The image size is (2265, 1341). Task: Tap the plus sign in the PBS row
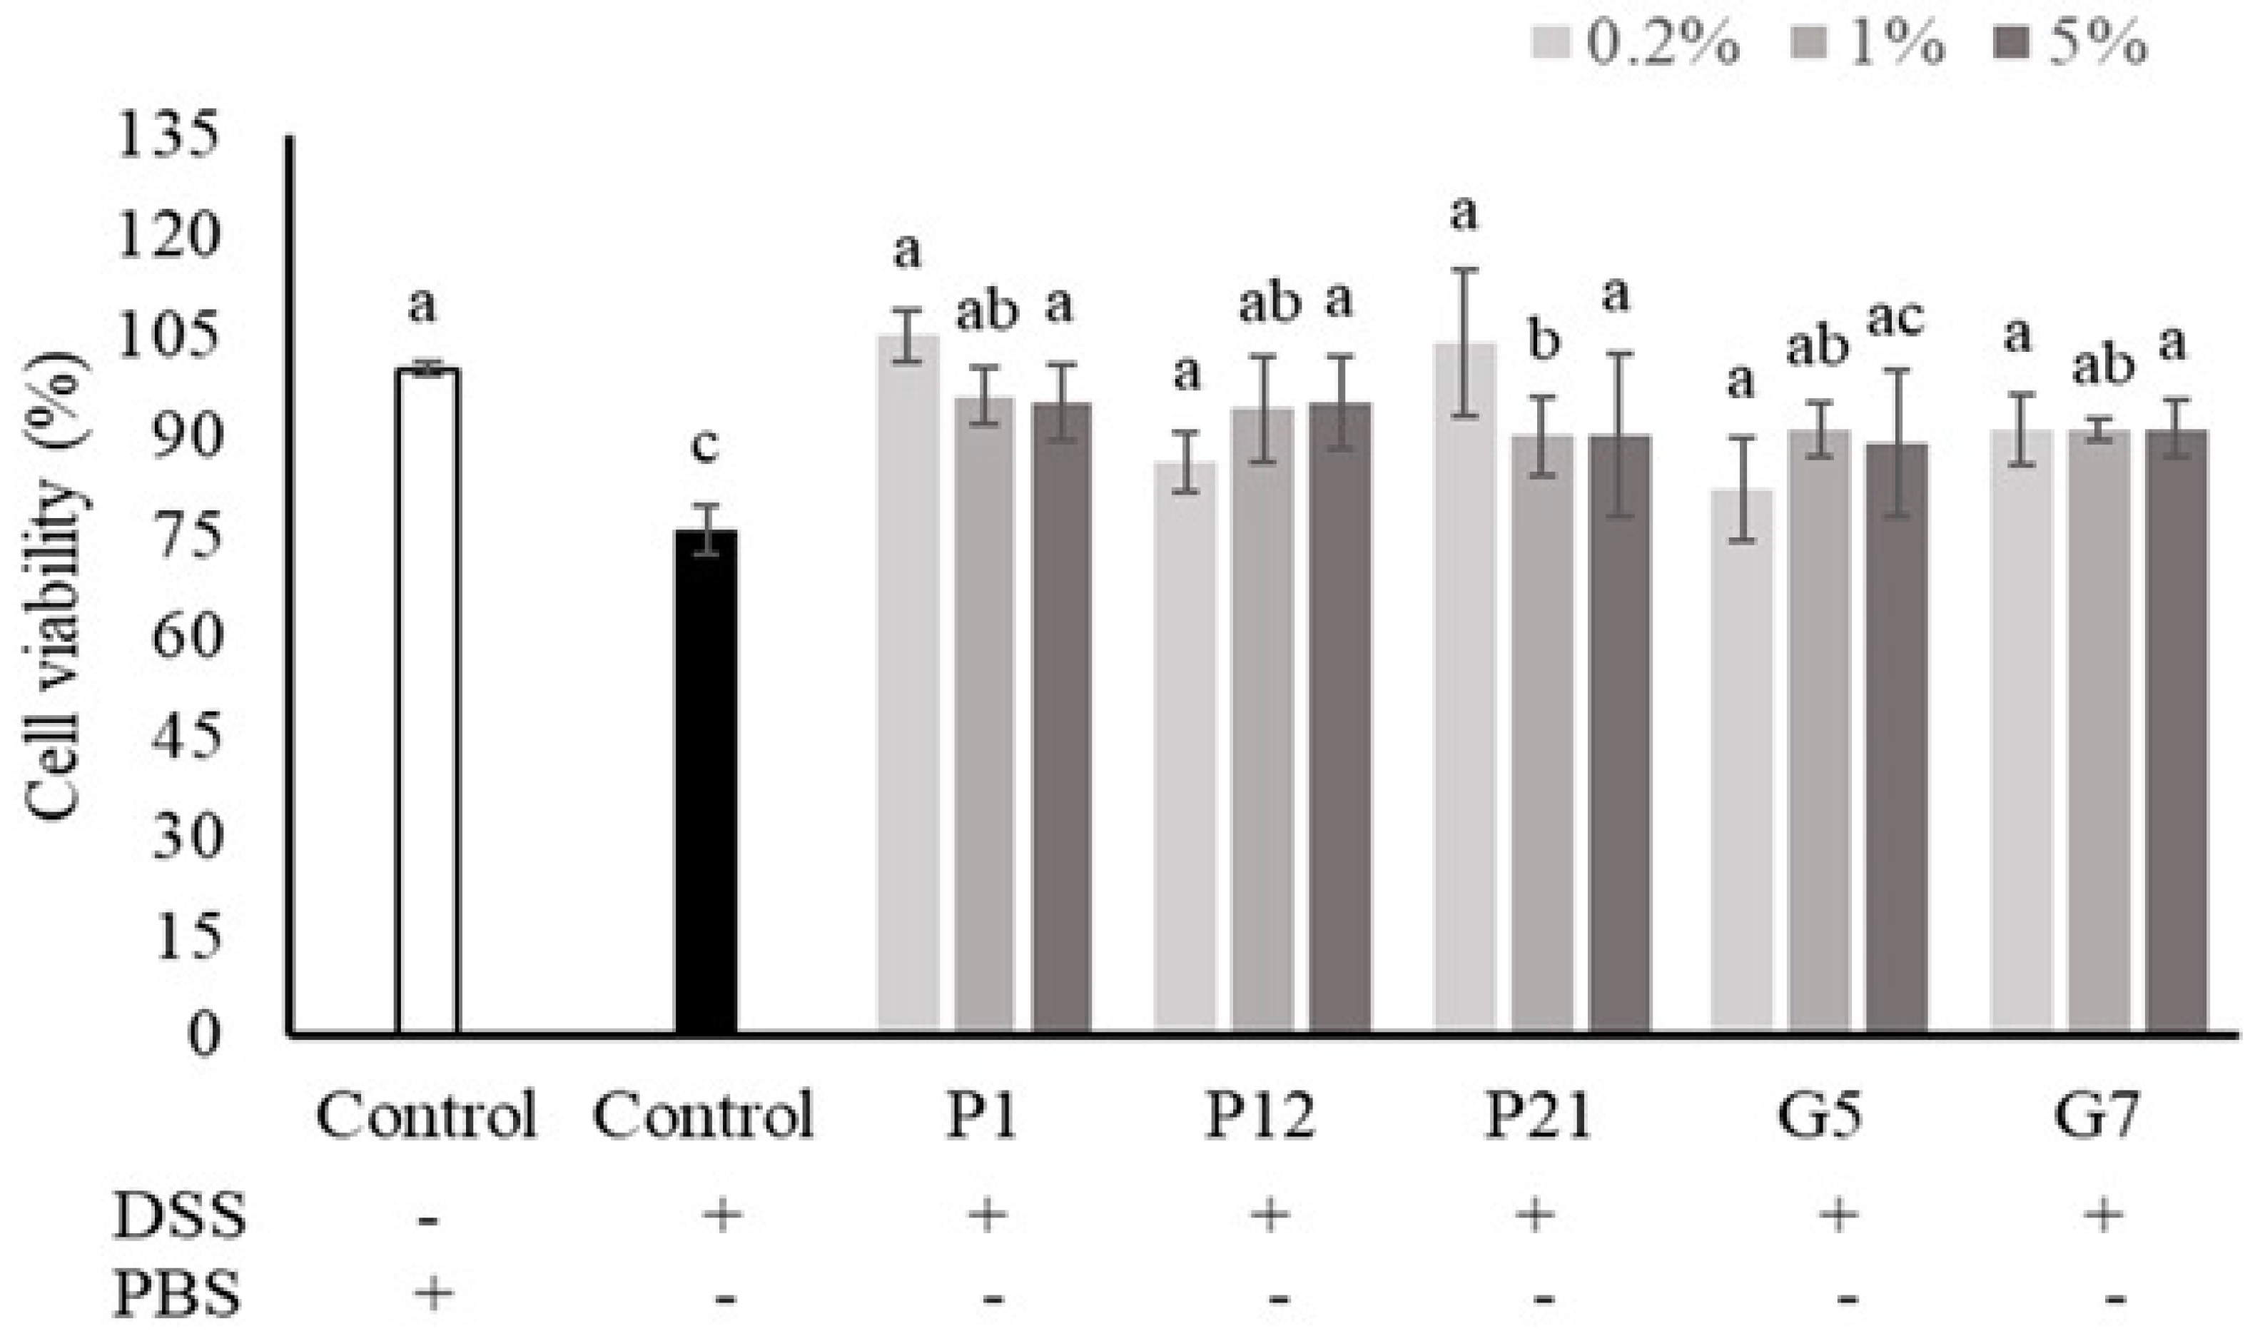[x=432, y=1294]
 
